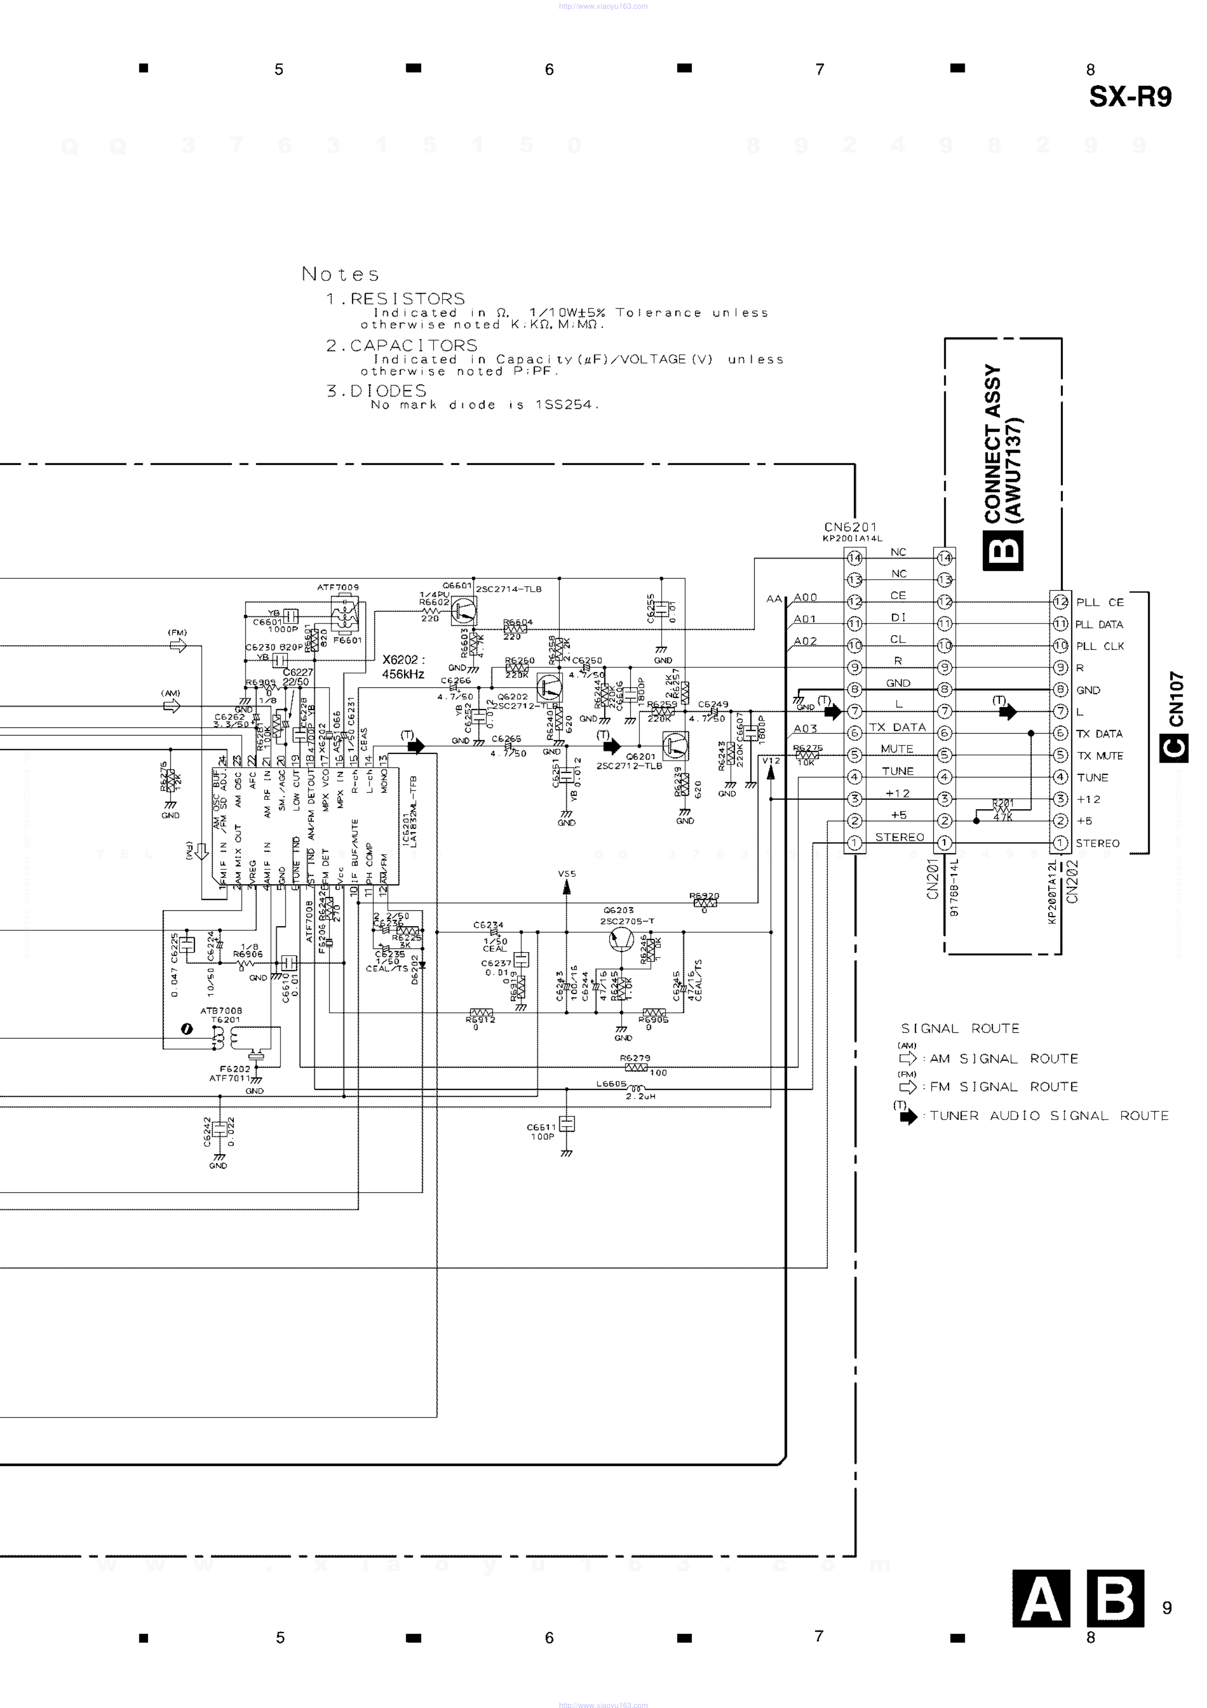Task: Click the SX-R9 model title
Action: pyautogui.click(x=1130, y=97)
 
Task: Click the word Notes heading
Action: pyautogui.click(x=340, y=274)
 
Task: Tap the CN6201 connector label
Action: pyautogui.click(x=850, y=527)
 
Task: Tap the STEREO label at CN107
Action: pyautogui.click(x=1097, y=844)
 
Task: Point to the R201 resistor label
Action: pyautogui.click(x=1002, y=803)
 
